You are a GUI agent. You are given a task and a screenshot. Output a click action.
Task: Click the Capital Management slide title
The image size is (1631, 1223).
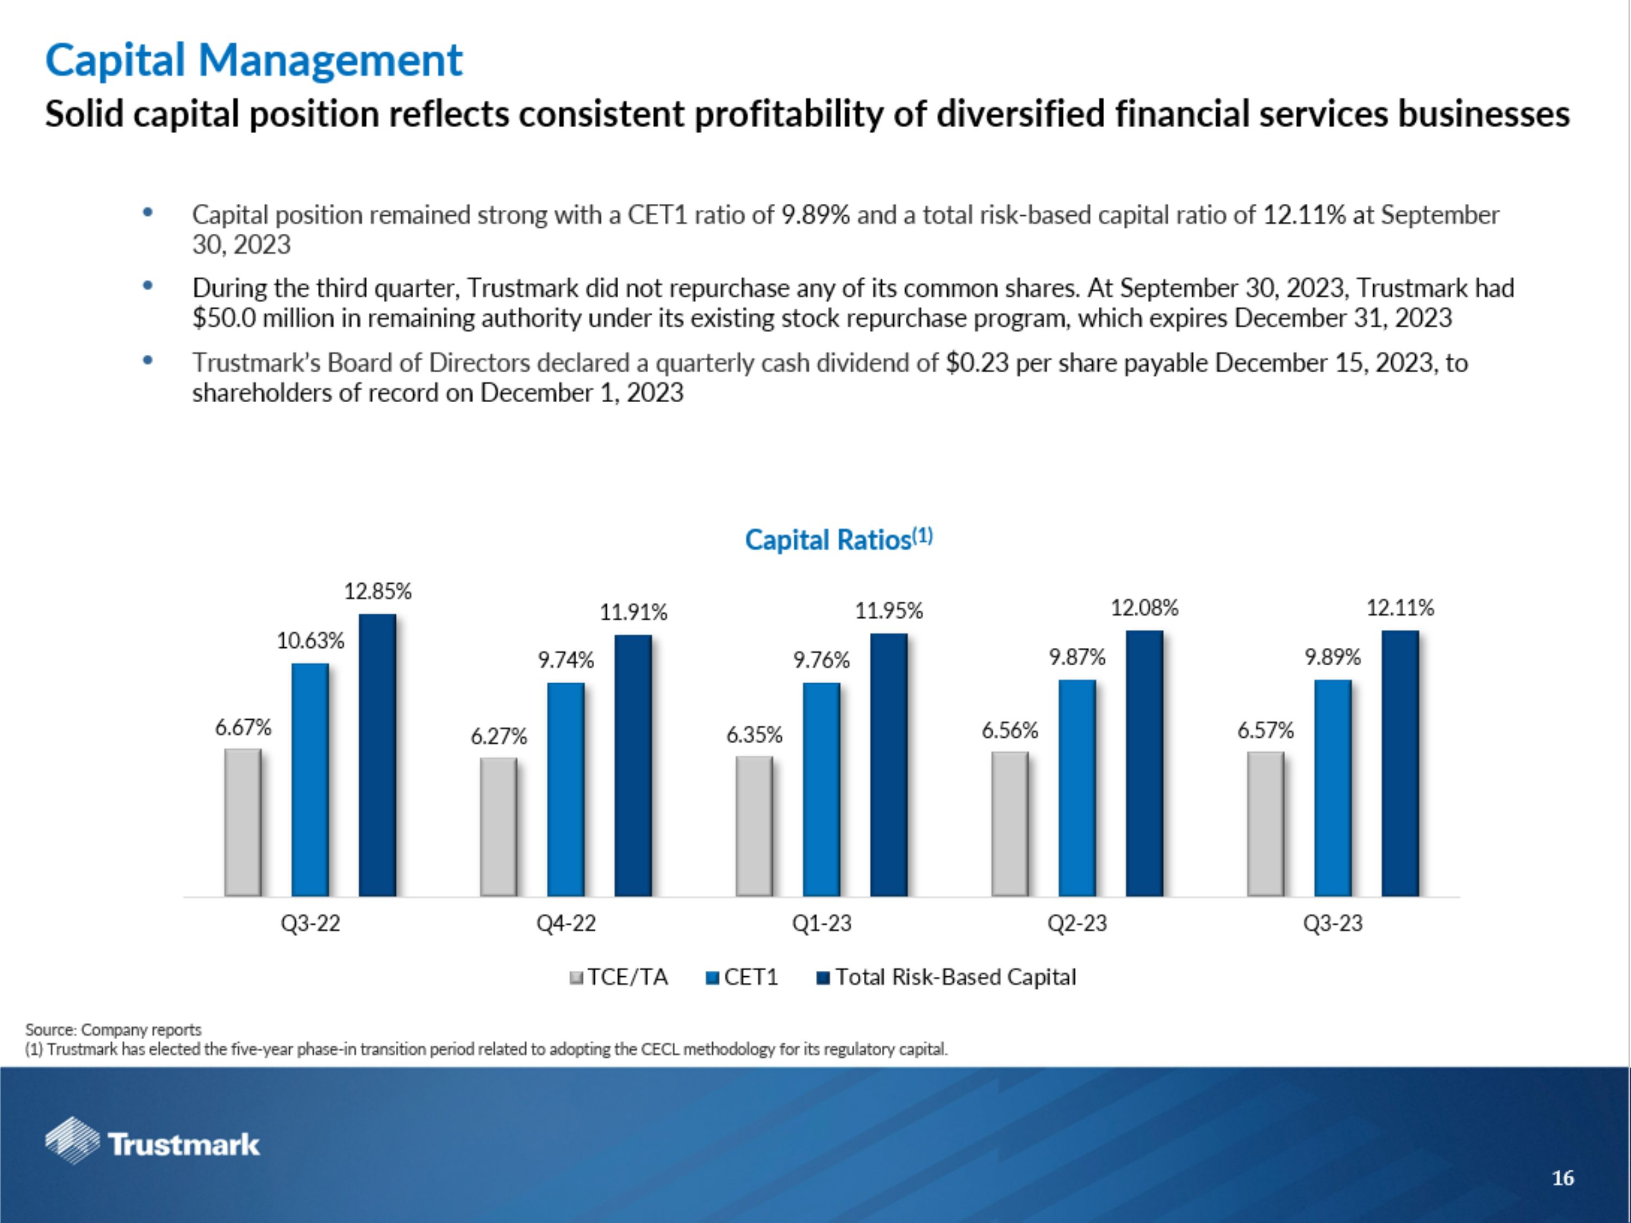click(x=254, y=60)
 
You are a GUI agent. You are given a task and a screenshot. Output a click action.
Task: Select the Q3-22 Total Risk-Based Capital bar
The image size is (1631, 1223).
click(x=377, y=755)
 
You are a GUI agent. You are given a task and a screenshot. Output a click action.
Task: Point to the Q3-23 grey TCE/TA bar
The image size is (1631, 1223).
click(x=1265, y=823)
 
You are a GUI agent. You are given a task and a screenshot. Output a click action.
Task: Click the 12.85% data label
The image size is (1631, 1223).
click(x=377, y=591)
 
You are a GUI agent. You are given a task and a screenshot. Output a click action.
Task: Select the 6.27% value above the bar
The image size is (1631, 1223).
click(x=499, y=736)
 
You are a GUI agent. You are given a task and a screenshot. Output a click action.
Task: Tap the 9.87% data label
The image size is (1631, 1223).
click(x=1077, y=657)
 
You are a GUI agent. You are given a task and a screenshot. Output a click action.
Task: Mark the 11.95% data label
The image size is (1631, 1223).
click(x=888, y=610)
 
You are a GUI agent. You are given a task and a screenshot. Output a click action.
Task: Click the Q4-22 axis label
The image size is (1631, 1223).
click(x=565, y=923)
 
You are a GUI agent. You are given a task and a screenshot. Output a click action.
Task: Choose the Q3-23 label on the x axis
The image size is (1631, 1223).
click(x=1333, y=923)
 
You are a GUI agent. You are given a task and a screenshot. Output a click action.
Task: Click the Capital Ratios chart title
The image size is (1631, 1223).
click(x=838, y=540)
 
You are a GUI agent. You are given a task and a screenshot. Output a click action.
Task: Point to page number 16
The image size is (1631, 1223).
click(x=1562, y=1178)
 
